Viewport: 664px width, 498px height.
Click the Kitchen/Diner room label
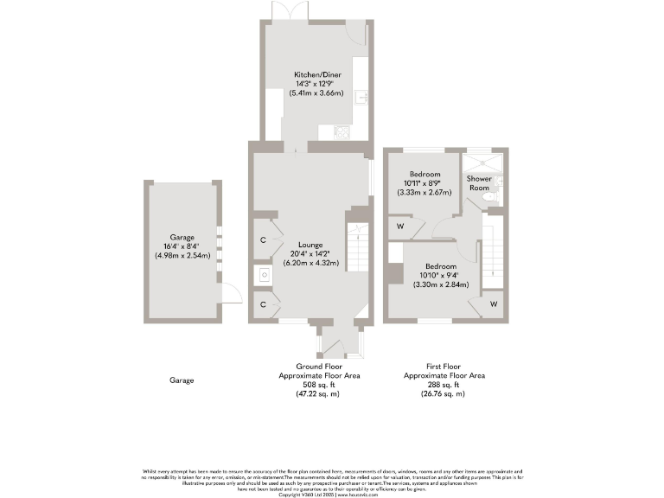(x=316, y=75)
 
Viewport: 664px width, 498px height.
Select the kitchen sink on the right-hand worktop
(x=365, y=96)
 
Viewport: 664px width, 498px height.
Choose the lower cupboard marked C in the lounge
(x=262, y=304)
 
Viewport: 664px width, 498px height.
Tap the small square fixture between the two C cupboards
(x=262, y=276)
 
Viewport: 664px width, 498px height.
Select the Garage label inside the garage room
(x=182, y=237)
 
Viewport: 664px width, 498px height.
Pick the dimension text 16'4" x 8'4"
(x=182, y=246)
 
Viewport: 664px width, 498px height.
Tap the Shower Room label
(x=479, y=183)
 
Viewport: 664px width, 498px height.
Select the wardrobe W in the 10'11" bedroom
(x=400, y=227)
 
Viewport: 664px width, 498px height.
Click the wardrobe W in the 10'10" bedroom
(x=493, y=304)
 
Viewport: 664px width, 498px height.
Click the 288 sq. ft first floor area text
(x=444, y=385)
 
